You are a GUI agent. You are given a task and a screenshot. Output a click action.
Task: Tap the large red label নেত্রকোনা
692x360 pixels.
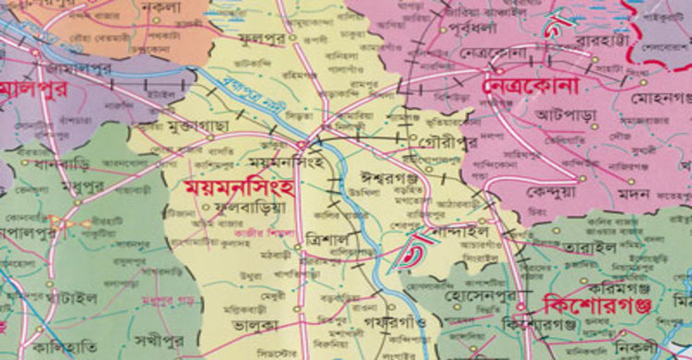[530, 84]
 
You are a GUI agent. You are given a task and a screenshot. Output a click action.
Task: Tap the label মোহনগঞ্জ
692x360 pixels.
[659, 96]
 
